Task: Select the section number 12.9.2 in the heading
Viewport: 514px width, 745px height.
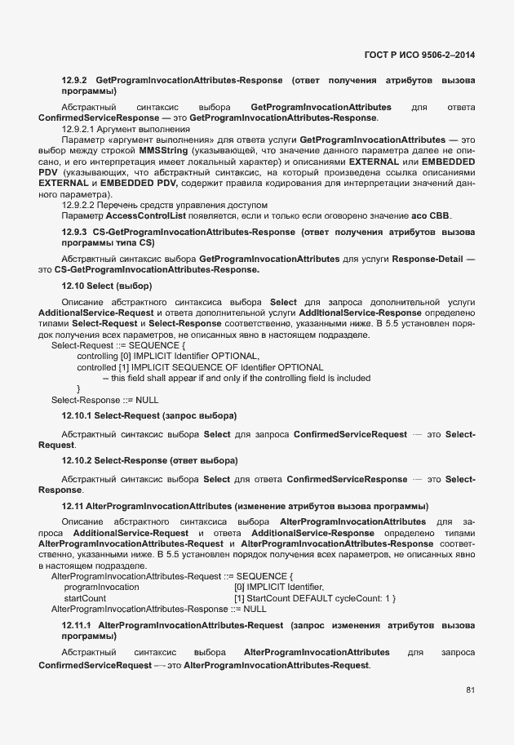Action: (x=75, y=81)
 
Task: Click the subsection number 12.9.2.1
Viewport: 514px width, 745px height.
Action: (x=80, y=129)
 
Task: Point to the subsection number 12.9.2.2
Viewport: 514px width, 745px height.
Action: (x=80, y=204)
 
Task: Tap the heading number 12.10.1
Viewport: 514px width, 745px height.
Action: (x=78, y=416)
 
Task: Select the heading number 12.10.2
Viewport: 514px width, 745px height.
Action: (x=78, y=461)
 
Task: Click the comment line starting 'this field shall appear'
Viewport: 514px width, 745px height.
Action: (x=236, y=378)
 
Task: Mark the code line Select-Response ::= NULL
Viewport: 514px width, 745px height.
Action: (x=104, y=400)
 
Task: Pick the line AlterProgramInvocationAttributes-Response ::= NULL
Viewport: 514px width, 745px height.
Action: (x=158, y=609)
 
